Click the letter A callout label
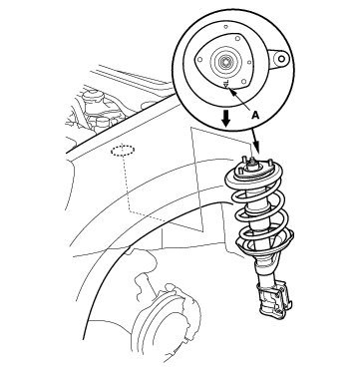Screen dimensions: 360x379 tap(255, 115)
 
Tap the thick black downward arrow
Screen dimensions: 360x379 tap(226, 119)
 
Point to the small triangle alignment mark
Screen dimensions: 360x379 tap(226, 86)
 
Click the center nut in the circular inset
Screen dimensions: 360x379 tap(225, 62)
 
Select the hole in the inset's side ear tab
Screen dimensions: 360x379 tap(281, 59)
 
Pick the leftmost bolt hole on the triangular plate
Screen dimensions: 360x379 tap(199, 60)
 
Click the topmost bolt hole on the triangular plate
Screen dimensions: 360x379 tap(237, 39)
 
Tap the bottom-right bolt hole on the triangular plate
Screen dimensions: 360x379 tap(244, 82)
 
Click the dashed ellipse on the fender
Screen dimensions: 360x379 tap(123, 151)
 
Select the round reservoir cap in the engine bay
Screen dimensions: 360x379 tap(93, 96)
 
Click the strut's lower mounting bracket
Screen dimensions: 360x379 tap(274, 299)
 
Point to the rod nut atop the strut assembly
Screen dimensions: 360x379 tap(252, 163)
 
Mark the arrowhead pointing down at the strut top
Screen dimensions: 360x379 tap(256, 147)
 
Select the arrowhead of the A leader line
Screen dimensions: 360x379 tap(231, 93)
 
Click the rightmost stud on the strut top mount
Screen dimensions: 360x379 tap(271, 164)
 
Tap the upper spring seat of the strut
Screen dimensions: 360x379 tap(253, 176)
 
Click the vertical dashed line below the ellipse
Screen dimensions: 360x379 tap(126, 184)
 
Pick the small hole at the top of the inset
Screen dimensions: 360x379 tap(225, 27)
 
